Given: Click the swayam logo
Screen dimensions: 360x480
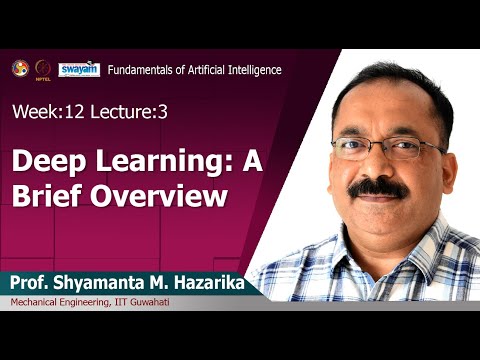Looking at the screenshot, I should coord(78,69).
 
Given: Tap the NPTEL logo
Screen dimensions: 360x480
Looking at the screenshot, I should coord(43,69).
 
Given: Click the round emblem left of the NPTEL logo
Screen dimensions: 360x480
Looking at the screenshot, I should coord(19,68).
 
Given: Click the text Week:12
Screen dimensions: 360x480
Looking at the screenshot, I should coord(43,113).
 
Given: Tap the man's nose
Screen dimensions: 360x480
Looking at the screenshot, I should coord(379,165).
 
